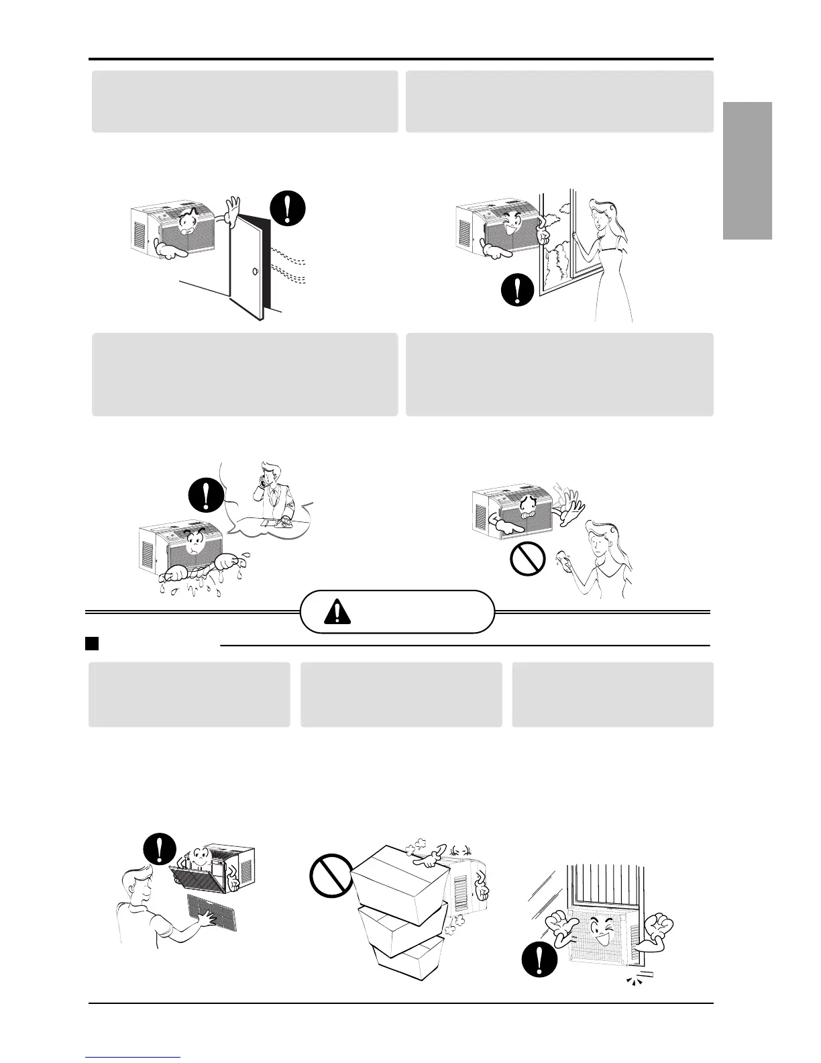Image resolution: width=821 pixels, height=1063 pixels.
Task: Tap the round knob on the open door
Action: point(256,272)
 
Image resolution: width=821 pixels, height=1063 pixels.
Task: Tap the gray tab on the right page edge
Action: point(748,170)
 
